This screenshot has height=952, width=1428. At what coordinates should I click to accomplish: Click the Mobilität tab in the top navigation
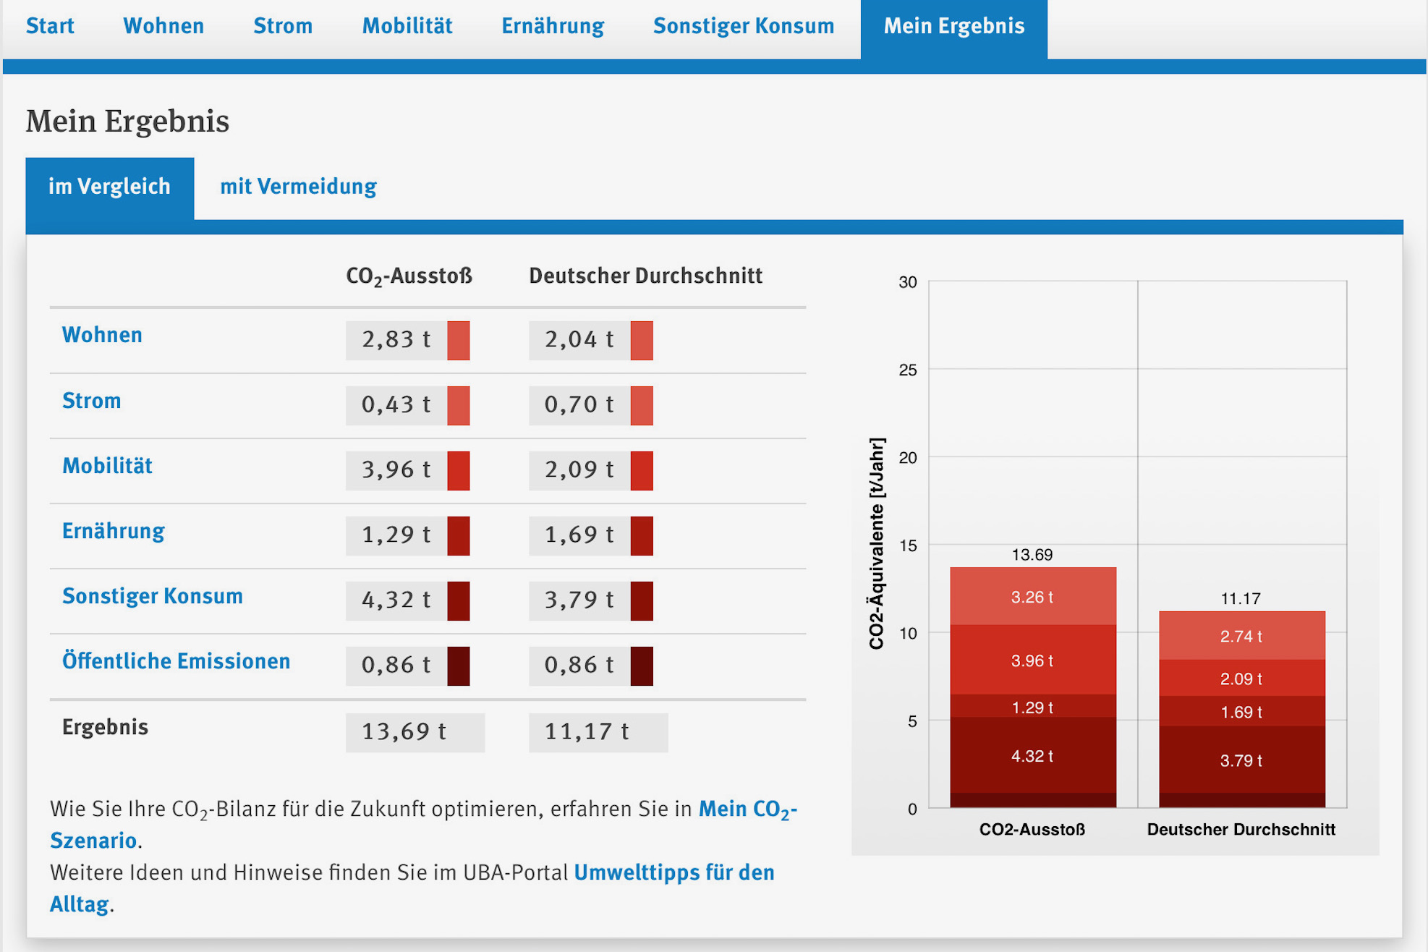point(407,26)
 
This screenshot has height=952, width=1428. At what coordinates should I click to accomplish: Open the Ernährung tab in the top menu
point(553,27)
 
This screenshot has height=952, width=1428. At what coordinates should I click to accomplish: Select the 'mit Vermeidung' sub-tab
point(298,187)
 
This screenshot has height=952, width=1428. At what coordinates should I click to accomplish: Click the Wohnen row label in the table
point(102,335)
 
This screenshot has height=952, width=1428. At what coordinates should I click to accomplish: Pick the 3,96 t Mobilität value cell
point(408,470)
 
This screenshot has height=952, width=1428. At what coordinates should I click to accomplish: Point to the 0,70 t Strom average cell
point(591,405)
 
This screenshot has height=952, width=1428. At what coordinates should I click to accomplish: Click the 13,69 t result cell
point(415,732)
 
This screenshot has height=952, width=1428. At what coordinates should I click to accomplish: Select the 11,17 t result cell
point(598,732)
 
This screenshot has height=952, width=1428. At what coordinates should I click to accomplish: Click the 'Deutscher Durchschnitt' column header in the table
point(645,276)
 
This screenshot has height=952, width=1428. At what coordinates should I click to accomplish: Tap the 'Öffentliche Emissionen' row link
point(176,661)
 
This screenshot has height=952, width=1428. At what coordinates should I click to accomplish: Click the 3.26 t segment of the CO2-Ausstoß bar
point(1033,596)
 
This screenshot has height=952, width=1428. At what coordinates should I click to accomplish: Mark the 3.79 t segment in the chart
point(1242,760)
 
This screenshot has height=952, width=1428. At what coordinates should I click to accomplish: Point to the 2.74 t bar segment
point(1242,635)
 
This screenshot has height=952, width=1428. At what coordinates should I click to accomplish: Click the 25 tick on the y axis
point(908,370)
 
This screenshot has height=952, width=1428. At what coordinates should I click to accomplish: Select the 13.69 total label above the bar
point(1032,555)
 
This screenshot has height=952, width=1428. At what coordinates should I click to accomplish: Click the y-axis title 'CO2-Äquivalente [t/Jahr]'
point(876,543)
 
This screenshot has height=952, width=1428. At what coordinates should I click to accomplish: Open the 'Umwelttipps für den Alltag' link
point(412,888)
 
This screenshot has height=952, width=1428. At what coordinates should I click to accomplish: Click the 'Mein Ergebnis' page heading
point(127,122)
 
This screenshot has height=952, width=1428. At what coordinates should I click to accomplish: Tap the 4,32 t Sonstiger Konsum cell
point(408,600)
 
